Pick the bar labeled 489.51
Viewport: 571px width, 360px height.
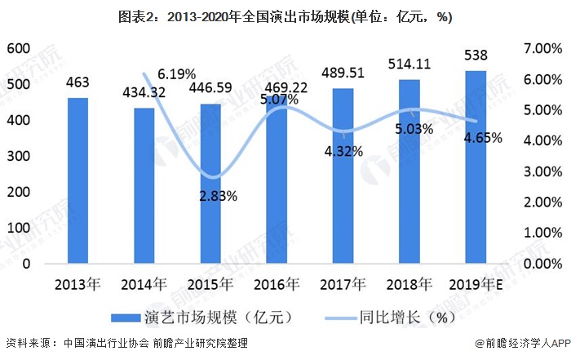343,176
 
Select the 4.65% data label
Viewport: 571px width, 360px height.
481,138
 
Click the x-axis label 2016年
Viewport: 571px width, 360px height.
277,285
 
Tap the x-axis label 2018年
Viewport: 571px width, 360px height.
409,285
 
